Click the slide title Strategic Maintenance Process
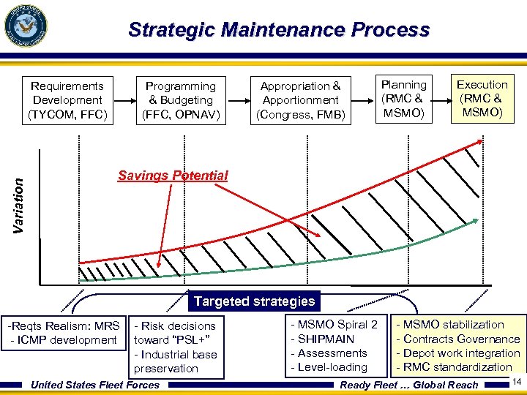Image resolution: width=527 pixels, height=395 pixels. [x=278, y=30]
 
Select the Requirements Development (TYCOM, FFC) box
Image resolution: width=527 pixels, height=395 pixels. [x=67, y=100]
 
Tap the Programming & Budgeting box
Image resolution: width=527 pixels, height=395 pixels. [x=180, y=100]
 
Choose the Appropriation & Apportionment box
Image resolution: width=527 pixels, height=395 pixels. [x=300, y=100]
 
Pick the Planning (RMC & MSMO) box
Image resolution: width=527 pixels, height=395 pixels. [x=403, y=99]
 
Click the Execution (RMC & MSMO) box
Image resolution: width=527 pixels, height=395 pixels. [x=482, y=99]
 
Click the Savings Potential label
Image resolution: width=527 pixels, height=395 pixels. [x=173, y=176]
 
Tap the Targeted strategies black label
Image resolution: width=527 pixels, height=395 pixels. [x=254, y=301]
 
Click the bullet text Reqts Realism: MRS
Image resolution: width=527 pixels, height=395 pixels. [x=64, y=326]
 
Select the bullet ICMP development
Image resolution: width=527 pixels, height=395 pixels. [x=64, y=340]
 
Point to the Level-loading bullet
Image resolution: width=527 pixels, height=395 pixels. [x=330, y=367]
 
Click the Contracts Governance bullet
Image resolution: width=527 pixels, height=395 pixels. [x=457, y=339]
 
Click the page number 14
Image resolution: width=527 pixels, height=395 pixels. [x=517, y=381]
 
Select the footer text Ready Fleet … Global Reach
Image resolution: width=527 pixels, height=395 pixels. [x=409, y=385]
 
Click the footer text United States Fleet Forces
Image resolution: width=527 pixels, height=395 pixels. [x=94, y=385]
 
